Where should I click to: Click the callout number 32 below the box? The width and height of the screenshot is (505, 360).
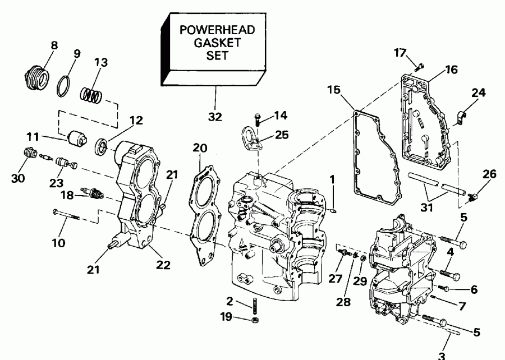point(215,117)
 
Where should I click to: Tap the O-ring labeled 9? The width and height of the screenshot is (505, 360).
point(65,85)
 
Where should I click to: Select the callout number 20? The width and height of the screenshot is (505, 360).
point(200,149)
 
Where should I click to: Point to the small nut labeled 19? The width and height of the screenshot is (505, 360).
point(254,320)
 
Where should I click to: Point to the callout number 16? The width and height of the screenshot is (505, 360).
point(452,70)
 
